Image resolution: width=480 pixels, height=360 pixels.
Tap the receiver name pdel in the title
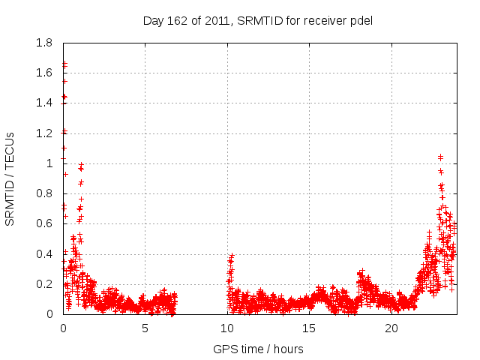(361, 20)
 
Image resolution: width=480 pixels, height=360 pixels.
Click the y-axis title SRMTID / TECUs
(10, 178)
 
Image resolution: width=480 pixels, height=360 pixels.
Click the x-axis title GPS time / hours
(258, 349)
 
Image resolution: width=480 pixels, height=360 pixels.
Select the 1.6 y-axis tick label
(44, 73)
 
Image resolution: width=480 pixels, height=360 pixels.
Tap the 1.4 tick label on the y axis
(44, 103)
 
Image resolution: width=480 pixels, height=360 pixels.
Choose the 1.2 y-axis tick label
(44, 133)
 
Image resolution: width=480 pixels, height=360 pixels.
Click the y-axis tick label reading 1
(49, 163)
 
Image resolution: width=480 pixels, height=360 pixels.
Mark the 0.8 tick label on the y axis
(44, 193)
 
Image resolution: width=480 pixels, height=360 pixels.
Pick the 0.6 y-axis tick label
(44, 223)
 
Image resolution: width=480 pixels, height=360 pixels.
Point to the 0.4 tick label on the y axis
(44, 254)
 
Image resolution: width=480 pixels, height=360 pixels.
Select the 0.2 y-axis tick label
(44, 284)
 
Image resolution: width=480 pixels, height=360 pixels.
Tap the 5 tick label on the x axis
(145, 328)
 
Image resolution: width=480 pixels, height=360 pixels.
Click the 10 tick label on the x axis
(227, 328)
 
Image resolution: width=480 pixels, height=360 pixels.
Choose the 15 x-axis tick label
(309, 328)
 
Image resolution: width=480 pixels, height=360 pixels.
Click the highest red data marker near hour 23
(440, 157)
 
